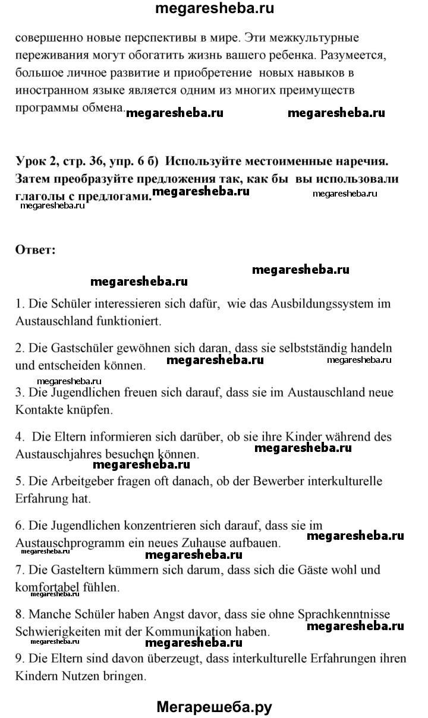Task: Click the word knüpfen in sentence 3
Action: [x=81, y=410]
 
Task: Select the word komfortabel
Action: [x=45, y=587]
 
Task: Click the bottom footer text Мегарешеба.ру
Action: [x=214, y=706]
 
